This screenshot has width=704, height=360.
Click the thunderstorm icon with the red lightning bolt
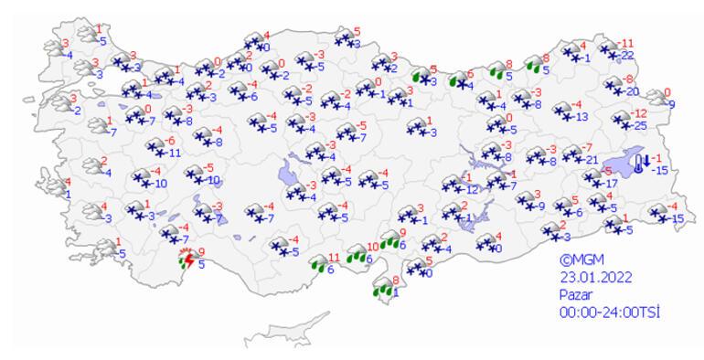pyautogui.click(x=187, y=260)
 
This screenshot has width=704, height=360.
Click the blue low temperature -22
pyautogui.click(x=626, y=57)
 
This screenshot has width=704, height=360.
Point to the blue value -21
pyautogui.click(x=591, y=161)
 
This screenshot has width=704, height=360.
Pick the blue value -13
pyautogui.click(x=581, y=116)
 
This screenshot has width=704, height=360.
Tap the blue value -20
pyautogui.click(x=632, y=91)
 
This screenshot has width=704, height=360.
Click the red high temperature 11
pyautogui.click(x=334, y=258)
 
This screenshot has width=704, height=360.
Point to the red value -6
pyautogui.click(x=169, y=141)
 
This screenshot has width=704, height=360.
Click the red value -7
pyautogui.click(x=588, y=148)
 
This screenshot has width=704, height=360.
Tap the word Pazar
pyautogui.click(x=576, y=295)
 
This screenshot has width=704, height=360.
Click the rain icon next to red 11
pyautogui.click(x=319, y=265)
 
